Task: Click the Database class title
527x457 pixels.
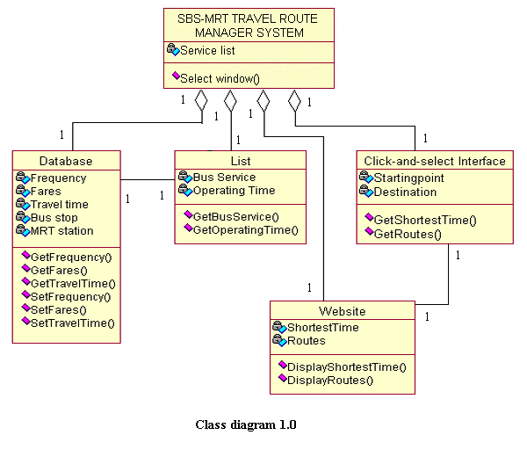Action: (x=66, y=161)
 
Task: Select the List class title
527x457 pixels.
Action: (x=240, y=161)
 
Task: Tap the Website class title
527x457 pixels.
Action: (x=342, y=311)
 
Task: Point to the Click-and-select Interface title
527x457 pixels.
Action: (x=435, y=161)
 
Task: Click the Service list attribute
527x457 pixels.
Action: (x=207, y=51)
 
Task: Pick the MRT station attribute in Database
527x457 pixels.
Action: (x=61, y=231)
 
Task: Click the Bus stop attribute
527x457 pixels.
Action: (x=54, y=218)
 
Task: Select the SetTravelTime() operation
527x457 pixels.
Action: (x=73, y=323)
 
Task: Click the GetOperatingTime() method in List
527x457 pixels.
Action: (x=245, y=230)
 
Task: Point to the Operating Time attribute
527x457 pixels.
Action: (x=234, y=191)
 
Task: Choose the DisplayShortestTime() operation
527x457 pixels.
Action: (x=347, y=366)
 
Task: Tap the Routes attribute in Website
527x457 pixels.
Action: (x=307, y=341)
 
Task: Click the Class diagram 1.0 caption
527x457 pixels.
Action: (x=245, y=425)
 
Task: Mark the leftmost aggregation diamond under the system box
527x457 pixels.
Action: (x=201, y=99)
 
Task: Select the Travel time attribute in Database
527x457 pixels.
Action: (x=59, y=205)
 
